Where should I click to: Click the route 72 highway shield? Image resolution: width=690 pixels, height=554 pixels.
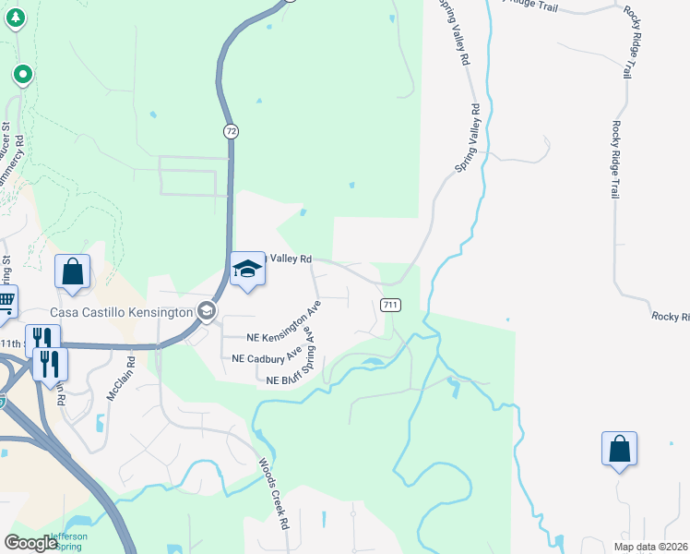coord(232,133)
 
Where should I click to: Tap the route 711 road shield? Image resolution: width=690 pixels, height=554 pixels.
coord(390,305)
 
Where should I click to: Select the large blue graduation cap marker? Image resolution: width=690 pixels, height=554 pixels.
coord(248,270)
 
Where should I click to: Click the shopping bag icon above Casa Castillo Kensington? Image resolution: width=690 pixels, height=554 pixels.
coord(72,272)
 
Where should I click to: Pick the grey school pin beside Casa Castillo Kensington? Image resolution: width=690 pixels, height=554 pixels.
coord(208,312)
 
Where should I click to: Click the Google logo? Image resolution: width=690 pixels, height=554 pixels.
coord(30,543)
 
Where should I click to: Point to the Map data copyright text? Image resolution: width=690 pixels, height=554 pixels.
coord(650,547)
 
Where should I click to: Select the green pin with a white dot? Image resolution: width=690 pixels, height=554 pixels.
coord(23,74)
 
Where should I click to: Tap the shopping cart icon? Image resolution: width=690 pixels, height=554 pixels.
coord(6,301)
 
